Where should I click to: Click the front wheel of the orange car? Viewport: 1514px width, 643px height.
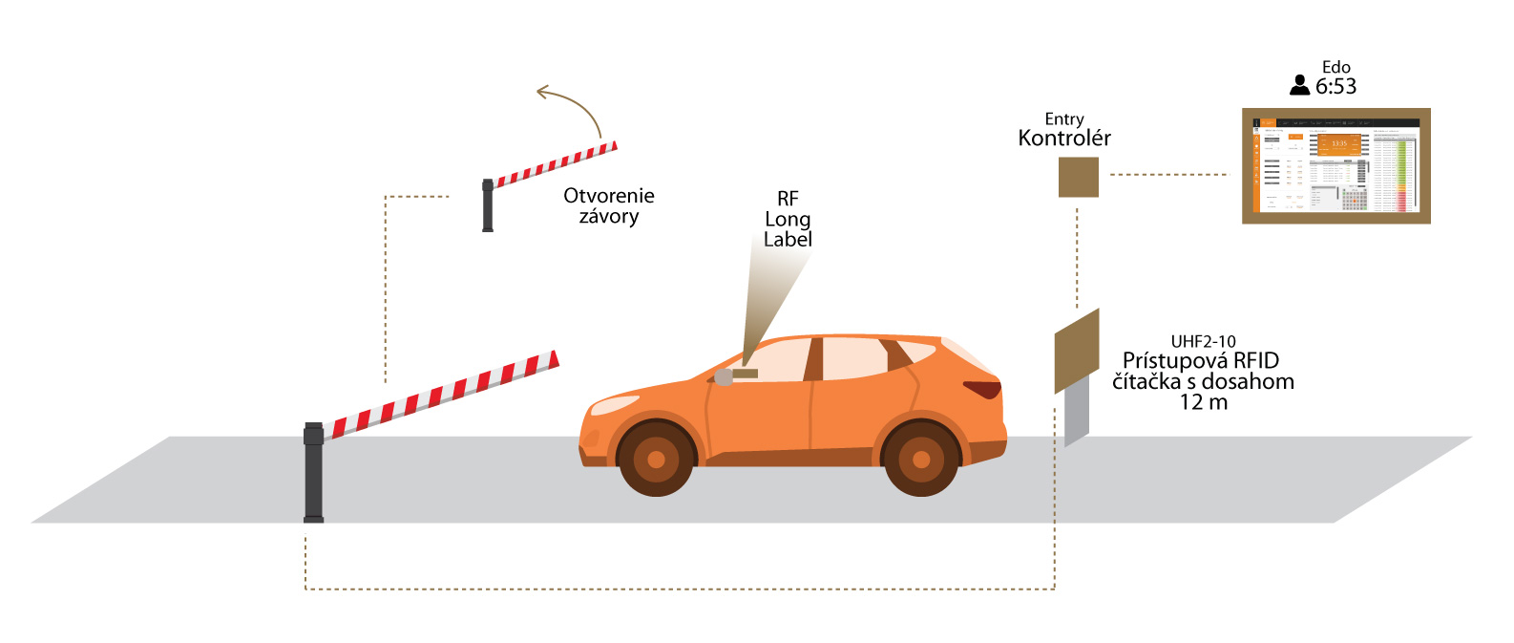[x=656, y=460]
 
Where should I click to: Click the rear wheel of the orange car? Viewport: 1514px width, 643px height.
[x=920, y=460]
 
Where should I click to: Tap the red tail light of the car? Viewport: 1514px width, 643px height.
[x=982, y=389]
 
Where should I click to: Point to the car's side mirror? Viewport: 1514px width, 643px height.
[x=725, y=376]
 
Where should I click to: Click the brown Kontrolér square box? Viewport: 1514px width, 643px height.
[x=1078, y=177]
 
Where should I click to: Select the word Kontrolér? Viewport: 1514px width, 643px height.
[x=1064, y=139]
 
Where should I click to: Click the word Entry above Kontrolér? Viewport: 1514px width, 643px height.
[x=1064, y=119]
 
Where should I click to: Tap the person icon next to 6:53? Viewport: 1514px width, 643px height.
[x=1299, y=86]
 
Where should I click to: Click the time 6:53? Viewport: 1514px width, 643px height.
[x=1335, y=87]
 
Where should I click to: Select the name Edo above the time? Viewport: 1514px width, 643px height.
[x=1335, y=67]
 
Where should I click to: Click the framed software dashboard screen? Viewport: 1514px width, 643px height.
[x=1335, y=165]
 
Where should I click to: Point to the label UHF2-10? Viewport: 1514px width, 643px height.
[x=1203, y=341]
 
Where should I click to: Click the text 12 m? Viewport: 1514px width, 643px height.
[x=1203, y=402]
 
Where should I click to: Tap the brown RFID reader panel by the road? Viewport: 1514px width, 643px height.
[x=1077, y=351]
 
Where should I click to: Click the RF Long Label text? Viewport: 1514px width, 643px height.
[x=788, y=219]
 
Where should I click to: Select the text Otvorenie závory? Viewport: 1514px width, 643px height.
[x=609, y=205]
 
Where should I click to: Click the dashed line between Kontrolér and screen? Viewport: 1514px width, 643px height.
[x=1169, y=175]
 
